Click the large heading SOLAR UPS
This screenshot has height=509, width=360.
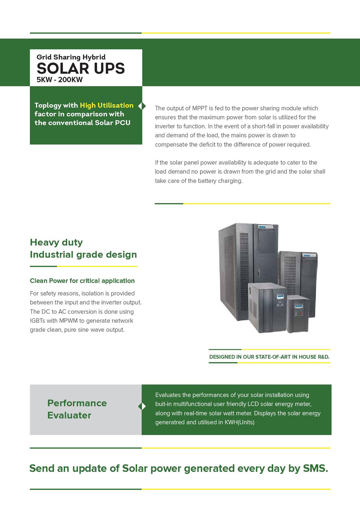(81, 68)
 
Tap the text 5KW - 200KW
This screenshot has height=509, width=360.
(60, 80)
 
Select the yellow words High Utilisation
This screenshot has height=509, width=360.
(107, 105)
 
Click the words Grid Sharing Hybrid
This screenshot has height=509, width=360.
(71, 57)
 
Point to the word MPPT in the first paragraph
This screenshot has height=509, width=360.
(199, 108)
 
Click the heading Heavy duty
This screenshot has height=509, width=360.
(56, 242)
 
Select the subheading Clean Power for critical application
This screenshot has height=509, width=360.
(82, 281)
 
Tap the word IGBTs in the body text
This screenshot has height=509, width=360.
(39, 321)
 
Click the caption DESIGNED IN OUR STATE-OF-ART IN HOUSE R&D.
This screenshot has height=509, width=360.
(269, 357)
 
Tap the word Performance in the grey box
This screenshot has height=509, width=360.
(77, 403)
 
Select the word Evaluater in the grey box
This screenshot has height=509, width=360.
(69, 415)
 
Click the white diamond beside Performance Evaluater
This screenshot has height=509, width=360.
(142, 406)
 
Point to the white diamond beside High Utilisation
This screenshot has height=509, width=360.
(142, 106)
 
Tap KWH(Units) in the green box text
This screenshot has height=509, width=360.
(239, 422)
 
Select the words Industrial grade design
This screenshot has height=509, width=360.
(83, 255)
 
